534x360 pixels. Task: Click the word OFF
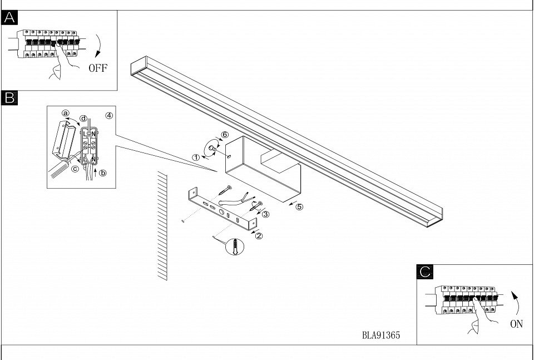point(97,69)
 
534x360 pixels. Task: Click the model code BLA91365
point(381,336)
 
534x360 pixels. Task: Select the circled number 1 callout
point(196,157)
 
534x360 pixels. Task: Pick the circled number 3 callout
point(266,214)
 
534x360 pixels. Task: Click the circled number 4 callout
point(109,116)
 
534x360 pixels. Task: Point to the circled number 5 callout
point(299,207)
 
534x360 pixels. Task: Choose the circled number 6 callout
point(225,135)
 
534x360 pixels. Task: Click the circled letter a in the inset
point(66,114)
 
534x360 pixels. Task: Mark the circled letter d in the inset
point(83,118)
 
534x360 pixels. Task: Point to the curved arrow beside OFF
point(97,46)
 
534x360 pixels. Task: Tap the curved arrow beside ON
point(516,302)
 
